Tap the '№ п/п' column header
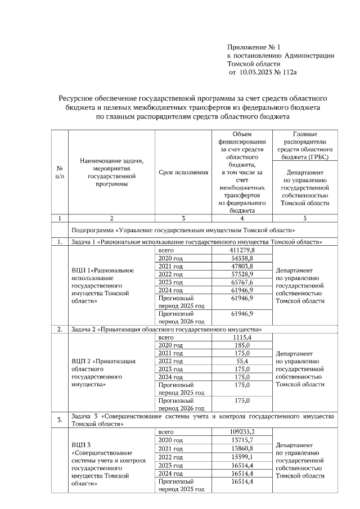(60, 172)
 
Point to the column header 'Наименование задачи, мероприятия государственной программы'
(111, 172)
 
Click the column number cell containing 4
(242, 218)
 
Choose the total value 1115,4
(242, 336)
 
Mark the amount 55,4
(242, 361)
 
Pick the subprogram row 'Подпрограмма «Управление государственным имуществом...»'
(183, 230)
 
